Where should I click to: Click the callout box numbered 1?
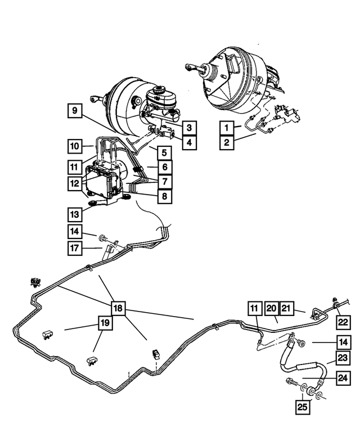click(x=227, y=127)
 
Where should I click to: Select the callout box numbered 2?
click(x=227, y=142)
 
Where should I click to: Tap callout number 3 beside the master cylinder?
click(x=189, y=128)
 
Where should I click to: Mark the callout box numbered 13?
click(x=75, y=214)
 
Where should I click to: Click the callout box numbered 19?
click(x=105, y=323)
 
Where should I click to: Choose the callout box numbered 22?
click(x=343, y=321)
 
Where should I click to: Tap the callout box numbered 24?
click(x=343, y=379)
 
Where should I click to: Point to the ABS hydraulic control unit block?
click(x=103, y=179)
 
